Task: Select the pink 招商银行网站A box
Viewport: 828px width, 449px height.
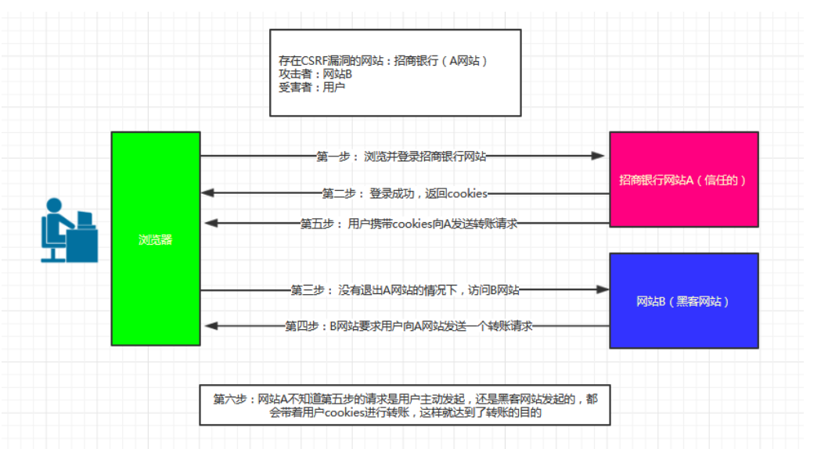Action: click(x=683, y=179)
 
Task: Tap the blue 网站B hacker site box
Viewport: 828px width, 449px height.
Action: click(x=683, y=300)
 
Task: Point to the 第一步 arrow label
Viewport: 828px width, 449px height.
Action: click(x=401, y=156)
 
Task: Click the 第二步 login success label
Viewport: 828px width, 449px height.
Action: click(x=405, y=193)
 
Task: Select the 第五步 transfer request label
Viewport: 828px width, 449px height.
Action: click(x=409, y=224)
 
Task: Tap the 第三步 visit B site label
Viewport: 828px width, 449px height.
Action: click(x=405, y=290)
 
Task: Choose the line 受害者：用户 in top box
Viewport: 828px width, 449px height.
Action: click(x=311, y=88)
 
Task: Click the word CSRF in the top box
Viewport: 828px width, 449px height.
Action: click(x=315, y=61)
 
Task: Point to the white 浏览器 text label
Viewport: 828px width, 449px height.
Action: click(x=155, y=240)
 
